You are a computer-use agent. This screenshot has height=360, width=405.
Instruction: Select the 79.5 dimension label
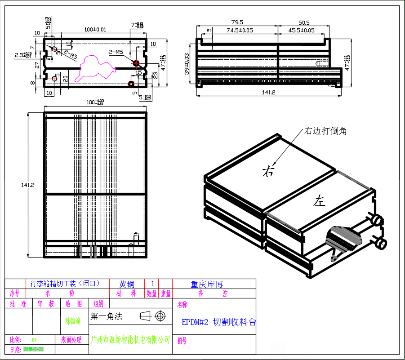[237, 22]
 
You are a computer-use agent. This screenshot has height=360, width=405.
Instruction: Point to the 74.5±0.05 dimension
[240, 30]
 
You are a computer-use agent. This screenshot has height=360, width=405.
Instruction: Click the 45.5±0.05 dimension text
[301, 30]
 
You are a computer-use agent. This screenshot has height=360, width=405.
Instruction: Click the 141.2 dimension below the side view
[268, 93]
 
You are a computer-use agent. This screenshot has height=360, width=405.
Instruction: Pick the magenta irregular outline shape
[94, 67]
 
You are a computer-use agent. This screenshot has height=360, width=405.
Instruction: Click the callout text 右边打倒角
[325, 131]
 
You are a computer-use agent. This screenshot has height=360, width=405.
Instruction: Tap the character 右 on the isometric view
[268, 171]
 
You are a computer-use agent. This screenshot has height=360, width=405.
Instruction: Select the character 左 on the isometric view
[319, 201]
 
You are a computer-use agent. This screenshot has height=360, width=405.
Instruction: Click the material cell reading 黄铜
[126, 284]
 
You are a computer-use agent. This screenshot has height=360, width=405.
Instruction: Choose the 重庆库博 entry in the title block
[207, 284]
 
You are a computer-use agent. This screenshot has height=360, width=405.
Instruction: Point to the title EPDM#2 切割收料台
[219, 322]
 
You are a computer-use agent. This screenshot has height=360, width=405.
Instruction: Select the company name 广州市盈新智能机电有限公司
[131, 339]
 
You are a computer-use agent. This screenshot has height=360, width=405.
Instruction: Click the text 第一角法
[107, 316]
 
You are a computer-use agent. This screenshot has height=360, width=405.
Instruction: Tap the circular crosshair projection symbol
[160, 316]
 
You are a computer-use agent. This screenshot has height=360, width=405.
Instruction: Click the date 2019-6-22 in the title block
[33, 349]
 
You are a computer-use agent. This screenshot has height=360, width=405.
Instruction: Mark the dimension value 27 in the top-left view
[38, 65]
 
